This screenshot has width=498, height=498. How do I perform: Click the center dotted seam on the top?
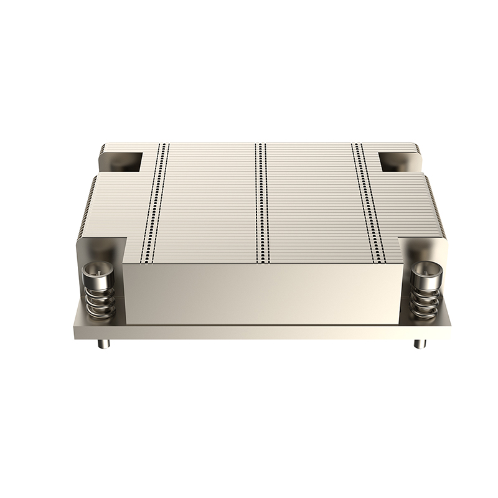(x=261, y=199)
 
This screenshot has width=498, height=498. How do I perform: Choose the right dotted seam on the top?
(x=367, y=199)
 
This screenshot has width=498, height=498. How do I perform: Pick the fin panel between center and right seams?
(x=314, y=199)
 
